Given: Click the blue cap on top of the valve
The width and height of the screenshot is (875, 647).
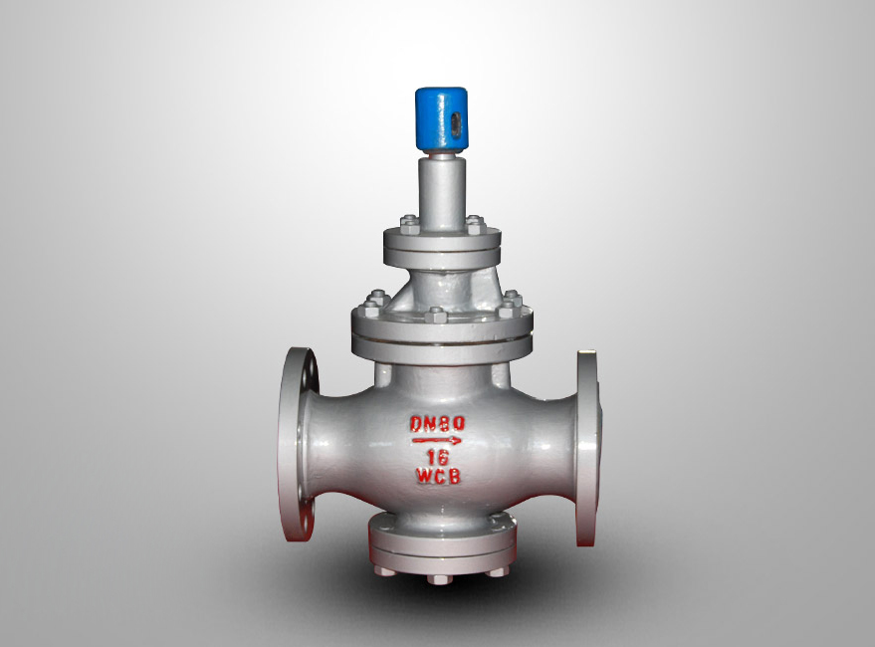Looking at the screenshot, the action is pos(441,118).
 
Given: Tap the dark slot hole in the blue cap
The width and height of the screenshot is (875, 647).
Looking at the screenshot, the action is pos(457,121).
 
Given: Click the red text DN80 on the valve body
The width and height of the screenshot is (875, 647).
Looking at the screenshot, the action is pos(438,424).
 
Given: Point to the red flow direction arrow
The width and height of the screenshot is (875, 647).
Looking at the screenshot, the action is pos(437,441).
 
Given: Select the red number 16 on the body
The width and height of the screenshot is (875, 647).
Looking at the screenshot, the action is pos(438,457).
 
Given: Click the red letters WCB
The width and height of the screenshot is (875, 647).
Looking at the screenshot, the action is pos(439,476).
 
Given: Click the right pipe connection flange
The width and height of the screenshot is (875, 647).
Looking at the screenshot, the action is pos(587,448).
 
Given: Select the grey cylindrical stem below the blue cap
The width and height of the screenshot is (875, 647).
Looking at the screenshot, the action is pos(442,191).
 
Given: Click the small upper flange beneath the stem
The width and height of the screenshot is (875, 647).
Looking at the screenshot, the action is pos(441,246).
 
